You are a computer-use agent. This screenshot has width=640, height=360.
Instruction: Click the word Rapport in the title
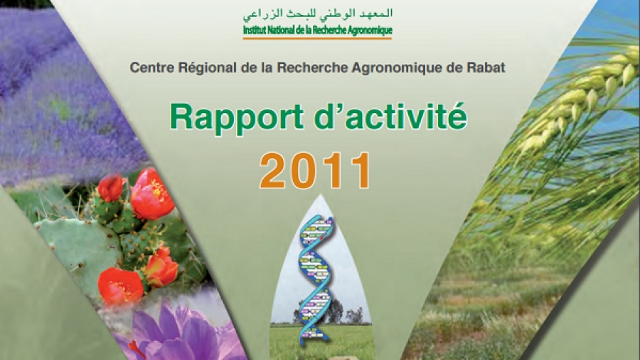(x=235, y=118)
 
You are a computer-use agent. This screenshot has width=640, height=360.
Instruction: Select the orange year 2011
(x=315, y=171)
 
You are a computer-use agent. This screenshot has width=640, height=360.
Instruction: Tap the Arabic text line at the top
(x=318, y=14)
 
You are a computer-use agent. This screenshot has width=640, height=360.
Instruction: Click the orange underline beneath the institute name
(x=317, y=38)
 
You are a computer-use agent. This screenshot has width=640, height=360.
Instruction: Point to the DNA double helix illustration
(x=316, y=277)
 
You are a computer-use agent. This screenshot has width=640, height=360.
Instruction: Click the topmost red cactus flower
(x=110, y=188)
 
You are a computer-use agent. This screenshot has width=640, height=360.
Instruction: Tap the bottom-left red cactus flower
(x=121, y=286)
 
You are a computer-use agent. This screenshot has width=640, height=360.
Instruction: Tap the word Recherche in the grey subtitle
(x=312, y=67)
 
